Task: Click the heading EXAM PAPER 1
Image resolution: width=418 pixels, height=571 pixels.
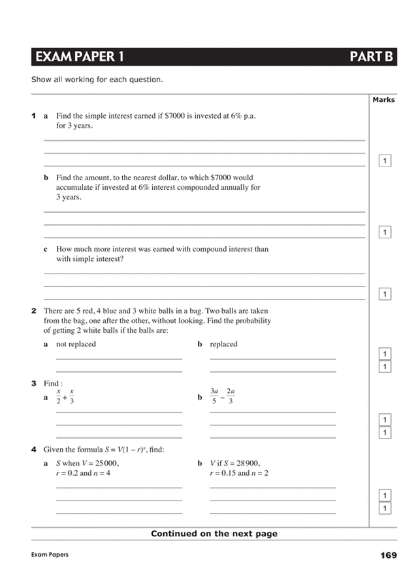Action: tap(79, 57)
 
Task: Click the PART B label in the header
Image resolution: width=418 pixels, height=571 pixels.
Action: tap(370, 57)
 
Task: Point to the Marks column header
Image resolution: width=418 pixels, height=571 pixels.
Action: tap(383, 100)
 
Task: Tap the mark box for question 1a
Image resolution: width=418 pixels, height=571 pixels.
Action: tap(385, 161)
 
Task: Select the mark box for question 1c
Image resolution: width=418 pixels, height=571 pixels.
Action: tap(385, 294)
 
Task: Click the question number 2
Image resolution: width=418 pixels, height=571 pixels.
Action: tap(33, 311)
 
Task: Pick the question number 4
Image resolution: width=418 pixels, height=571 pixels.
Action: tap(33, 450)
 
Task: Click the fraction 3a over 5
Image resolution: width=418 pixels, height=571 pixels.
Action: tap(214, 396)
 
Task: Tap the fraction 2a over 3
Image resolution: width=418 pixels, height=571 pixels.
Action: tap(230, 396)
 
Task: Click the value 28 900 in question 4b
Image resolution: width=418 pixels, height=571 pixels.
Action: tap(246, 463)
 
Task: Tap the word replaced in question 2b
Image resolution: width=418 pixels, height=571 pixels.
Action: tap(223, 344)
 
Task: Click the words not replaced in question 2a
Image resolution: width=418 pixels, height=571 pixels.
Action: tap(76, 344)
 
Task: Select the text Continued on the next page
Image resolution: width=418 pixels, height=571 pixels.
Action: tap(214, 533)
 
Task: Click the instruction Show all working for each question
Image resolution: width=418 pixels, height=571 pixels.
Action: tap(97, 80)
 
